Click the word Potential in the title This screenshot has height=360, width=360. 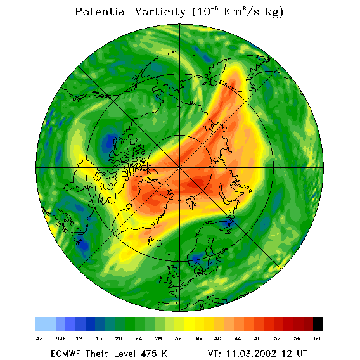(101, 11)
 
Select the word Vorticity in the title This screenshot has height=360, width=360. (160, 11)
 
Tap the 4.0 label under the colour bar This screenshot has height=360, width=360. (40, 338)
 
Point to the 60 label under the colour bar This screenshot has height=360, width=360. (317, 338)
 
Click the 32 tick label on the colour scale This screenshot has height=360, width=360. (178, 338)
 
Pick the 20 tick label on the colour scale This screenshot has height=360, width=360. (119, 338)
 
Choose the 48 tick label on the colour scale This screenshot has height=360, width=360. (257, 338)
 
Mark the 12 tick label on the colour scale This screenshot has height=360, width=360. (79, 338)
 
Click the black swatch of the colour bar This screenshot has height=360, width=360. (318, 324)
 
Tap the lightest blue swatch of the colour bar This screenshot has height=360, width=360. (46, 324)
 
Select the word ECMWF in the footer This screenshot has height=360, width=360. (65, 354)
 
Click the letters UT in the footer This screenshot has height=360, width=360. (301, 354)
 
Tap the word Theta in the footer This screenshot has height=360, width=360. (98, 354)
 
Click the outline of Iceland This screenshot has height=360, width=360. (155, 242)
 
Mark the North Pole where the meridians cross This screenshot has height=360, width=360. (179, 168)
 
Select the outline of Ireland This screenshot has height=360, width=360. (165, 278)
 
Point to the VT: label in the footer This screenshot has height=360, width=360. (215, 354)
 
